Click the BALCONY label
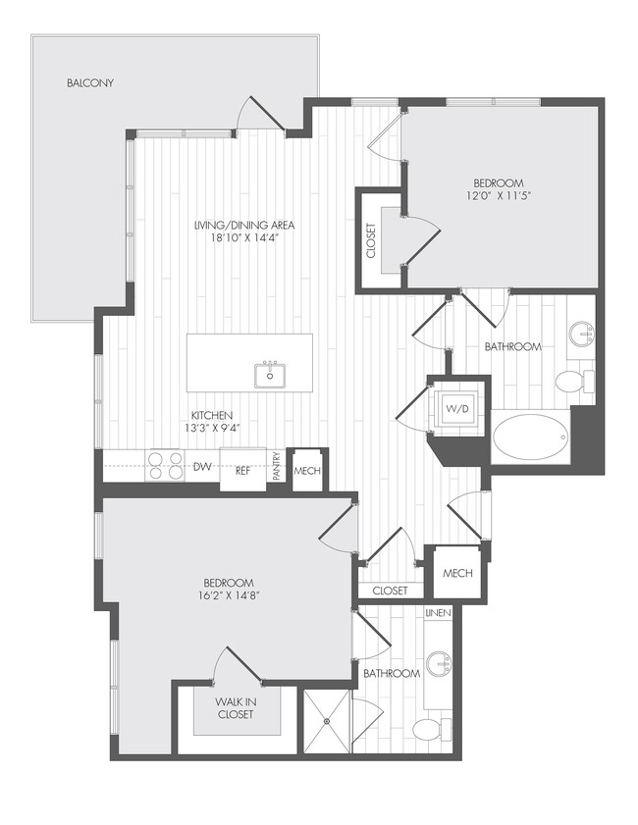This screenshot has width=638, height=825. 90,82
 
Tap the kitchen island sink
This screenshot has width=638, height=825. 269,374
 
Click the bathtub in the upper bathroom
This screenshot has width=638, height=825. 530,438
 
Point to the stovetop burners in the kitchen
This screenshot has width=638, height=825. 165,465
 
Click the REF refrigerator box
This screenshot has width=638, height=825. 241,469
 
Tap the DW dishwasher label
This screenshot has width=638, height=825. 202,467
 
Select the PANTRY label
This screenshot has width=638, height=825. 278,466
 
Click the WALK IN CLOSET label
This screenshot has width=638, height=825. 236,708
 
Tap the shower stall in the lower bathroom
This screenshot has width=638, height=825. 326,722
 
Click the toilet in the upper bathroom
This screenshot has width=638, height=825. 570,381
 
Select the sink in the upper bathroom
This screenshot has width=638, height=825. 584,335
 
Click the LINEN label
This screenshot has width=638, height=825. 438,613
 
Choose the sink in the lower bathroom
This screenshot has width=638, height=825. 439,666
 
